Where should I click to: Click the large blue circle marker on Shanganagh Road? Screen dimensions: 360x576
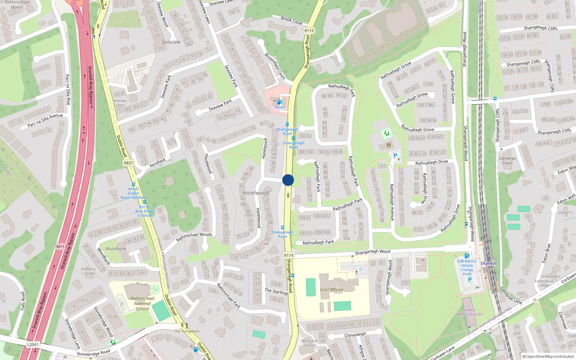click(x=288, y=180)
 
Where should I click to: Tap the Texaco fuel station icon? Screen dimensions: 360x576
click(x=279, y=102)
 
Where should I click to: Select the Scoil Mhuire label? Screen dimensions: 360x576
click(x=332, y=289)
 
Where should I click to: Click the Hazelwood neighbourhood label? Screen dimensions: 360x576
click(x=256, y=193)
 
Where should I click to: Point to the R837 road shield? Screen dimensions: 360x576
click(x=129, y=163)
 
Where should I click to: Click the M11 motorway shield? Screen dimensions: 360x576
click(x=60, y=247)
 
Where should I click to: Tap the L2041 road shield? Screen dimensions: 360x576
click(x=32, y=345)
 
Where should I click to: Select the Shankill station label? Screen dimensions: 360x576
click(x=489, y=264)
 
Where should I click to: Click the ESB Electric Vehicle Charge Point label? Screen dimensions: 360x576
click(x=467, y=267)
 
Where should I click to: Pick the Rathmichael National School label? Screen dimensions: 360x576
click(x=142, y=303)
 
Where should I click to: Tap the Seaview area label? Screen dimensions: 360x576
click(x=171, y=42)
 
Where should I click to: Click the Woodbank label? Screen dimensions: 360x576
click(x=116, y=249)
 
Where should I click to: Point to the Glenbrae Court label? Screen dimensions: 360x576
click(x=507, y=161)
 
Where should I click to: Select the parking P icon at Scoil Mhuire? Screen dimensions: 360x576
click(x=361, y=270)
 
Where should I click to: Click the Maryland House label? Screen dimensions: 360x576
click(x=309, y=343)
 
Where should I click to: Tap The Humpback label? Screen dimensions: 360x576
click(x=187, y=331)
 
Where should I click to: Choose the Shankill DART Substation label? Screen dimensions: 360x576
click(x=469, y=312)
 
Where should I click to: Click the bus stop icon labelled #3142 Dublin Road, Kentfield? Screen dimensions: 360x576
click(x=134, y=184)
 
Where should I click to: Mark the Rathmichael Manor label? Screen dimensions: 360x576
click(x=17, y=4)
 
